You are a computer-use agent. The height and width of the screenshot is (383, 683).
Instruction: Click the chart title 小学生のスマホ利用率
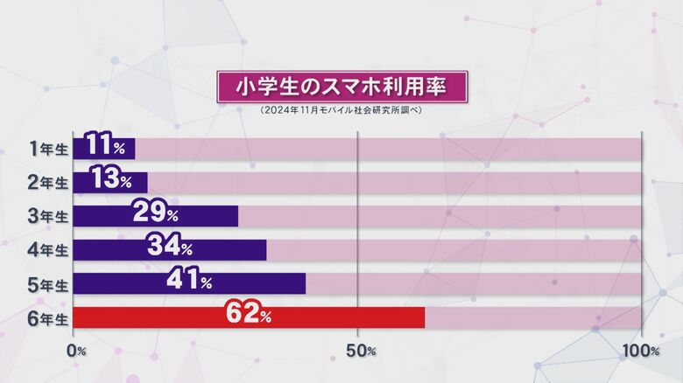(x=341, y=87)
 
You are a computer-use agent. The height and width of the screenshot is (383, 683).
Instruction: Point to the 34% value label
(x=170, y=249)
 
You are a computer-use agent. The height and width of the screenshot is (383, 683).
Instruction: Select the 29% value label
(x=155, y=215)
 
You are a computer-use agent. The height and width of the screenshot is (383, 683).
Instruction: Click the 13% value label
(x=111, y=182)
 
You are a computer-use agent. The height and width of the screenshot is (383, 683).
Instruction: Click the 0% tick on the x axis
(x=76, y=351)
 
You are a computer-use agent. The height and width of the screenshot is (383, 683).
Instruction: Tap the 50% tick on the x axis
(x=359, y=351)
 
